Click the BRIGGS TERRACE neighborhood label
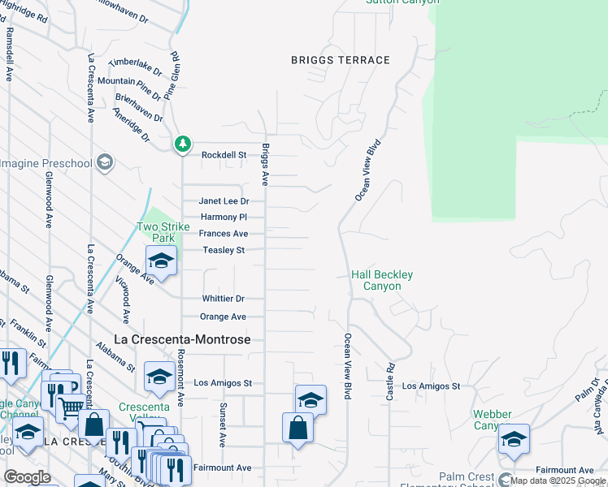[x=341, y=60]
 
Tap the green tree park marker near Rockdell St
[x=183, y=144]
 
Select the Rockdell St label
[x=224, y=155]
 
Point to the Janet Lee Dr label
[x=224, y=201]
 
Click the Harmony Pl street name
[x=224, y=218]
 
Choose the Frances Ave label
[x=224, y=234]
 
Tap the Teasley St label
[x=224, y=251]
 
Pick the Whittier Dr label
[x=224, y=300]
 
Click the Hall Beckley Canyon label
[x=382, y=281]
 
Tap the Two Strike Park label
[x=163, y=233]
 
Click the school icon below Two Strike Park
[x=161, y=261]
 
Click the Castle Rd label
[x=390, y=380]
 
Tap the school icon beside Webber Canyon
[x=514, y=439]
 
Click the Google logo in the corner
[x=28, y=477]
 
